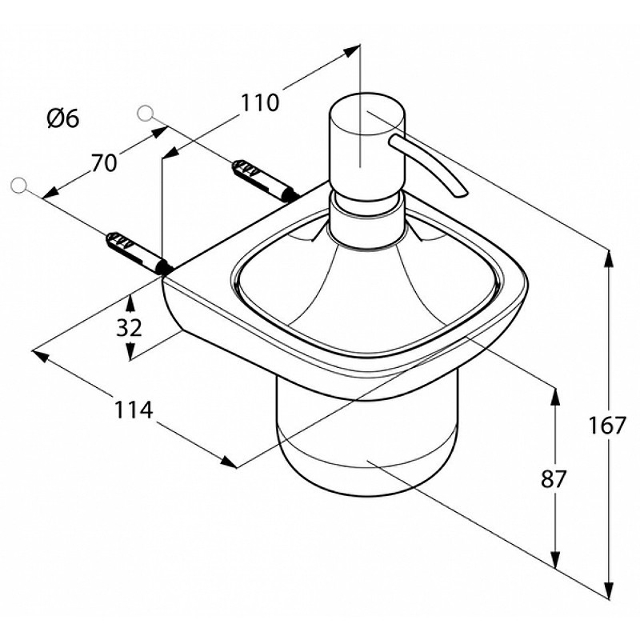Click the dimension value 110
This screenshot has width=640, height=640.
260,102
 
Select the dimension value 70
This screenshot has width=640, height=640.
104,163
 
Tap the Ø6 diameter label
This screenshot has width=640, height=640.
63,119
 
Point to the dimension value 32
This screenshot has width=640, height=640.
129,327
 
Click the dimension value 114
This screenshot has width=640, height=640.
134,410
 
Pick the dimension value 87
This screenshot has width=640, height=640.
554,479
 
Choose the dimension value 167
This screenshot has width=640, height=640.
606,426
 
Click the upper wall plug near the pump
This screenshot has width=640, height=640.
264,180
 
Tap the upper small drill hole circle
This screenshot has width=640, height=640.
146,114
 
